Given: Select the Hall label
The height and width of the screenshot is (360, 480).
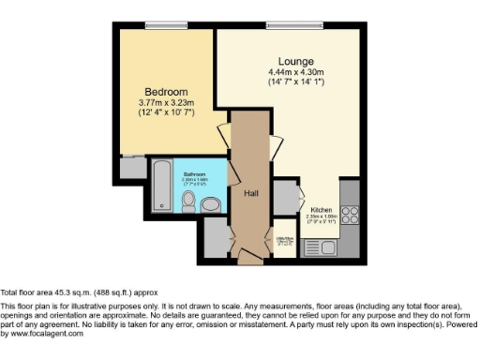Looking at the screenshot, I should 251,193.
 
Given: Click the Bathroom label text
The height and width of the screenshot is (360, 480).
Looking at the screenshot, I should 195,174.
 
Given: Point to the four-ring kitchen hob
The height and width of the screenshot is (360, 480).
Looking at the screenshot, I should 352,217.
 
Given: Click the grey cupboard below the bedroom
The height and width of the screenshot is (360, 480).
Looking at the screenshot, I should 133,169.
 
